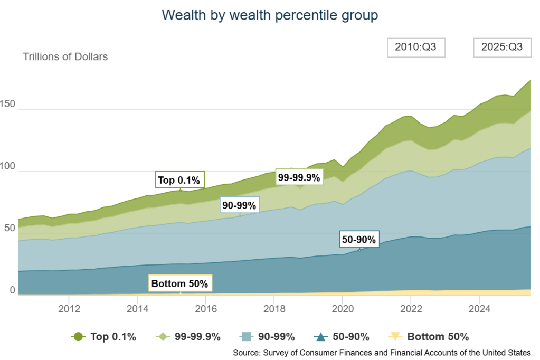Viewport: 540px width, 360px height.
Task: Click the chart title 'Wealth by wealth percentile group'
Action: [270, 15]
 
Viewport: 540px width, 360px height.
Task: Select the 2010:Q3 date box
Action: [416, 47]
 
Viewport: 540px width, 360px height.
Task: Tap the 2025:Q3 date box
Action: [502, 47]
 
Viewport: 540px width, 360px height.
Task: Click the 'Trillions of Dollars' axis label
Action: [65, 56]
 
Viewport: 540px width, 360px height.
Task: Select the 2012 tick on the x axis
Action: [69, 308]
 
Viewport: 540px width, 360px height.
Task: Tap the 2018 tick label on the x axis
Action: [273, 308]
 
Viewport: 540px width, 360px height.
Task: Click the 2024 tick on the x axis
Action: [478, 308]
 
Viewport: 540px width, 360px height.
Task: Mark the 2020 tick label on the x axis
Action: [342, 308]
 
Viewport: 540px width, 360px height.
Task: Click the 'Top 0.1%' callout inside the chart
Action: [179, 180]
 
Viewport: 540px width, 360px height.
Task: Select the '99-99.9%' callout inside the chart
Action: [299, 178]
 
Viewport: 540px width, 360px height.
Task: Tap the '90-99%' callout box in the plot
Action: [239, 205]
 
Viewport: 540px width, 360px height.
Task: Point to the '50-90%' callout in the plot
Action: [359, 240]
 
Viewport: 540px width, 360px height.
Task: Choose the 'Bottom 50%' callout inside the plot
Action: [179, 283]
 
